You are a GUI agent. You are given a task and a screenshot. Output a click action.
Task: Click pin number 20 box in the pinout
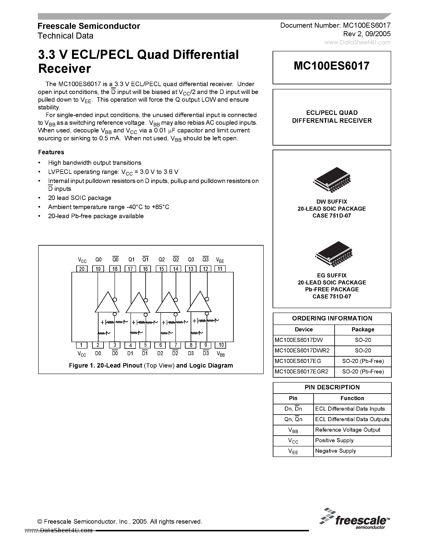pos(82,269)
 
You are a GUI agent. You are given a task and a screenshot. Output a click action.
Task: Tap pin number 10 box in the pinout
pos(221,345)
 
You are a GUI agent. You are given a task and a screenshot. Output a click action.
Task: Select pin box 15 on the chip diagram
pos(161,269)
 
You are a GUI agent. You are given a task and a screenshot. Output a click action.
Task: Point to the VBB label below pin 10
pos(221,354)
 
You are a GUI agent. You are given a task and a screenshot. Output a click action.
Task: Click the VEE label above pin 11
pos(220,260)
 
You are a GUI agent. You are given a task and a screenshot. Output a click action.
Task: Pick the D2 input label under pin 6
pos(160,353)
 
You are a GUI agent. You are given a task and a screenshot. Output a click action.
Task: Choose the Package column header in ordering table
pos(363,329)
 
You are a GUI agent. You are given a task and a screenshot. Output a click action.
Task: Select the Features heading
pos(51,152)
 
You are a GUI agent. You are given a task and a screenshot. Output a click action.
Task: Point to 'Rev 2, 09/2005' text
pos(367,34)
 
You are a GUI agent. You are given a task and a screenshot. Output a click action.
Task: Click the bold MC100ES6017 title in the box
pos(331,66)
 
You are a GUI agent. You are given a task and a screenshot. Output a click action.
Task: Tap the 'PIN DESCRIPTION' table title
pos(332,387)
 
